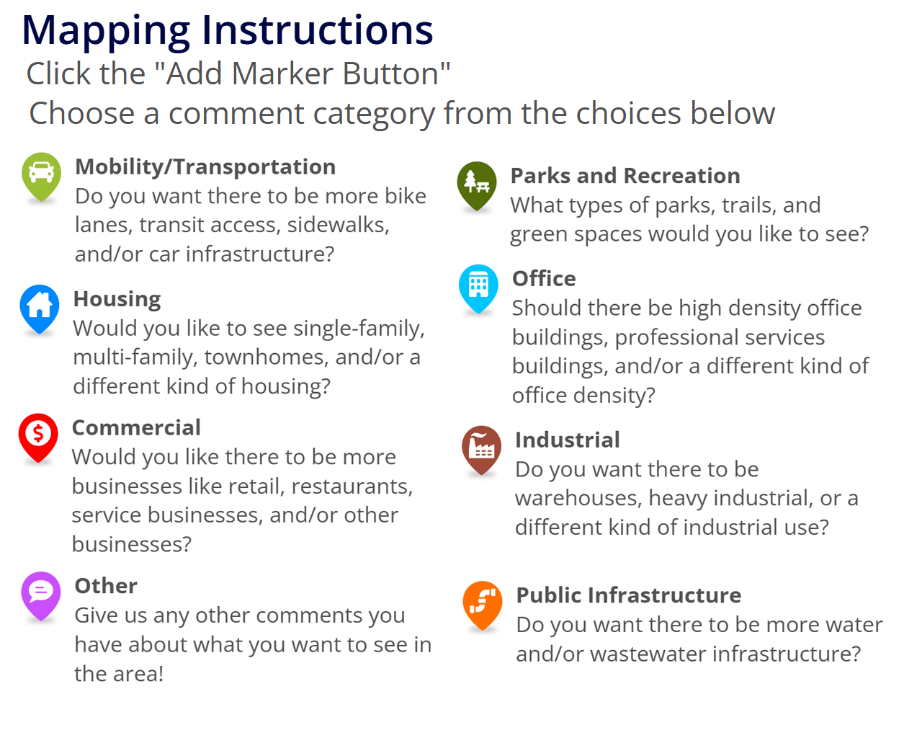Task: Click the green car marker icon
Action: click(x=42, y=174)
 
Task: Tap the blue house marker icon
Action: click(x=40, y=306)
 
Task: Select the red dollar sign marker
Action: click(x=38, y=435)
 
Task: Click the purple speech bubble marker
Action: click(x=41, y=593)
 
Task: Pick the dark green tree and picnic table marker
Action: click(x=477, y=183)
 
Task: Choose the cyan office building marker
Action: click(x=478, y=286)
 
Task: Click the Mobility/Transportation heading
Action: click(x=205, y=166)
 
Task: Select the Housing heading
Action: click(x=117, y=298)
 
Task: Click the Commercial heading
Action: click(x=136, y=427)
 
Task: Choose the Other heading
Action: click(x=106, y=586)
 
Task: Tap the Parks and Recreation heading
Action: click(x=625, y=176)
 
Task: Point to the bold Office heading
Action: click(x=544, y=279)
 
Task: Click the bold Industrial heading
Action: click(x=567, y=440)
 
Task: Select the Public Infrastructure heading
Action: click(x=628, y=595)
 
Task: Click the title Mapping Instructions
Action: click(x=228, y=30)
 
